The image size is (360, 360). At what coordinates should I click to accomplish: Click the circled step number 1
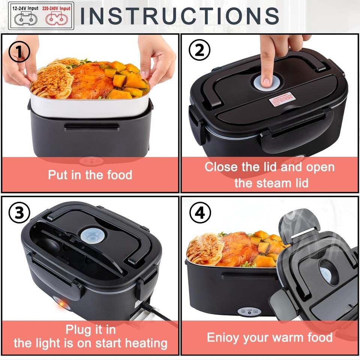(19, 52)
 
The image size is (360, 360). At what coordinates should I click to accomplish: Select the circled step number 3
(19, 213)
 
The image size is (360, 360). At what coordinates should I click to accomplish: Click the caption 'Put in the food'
(90, 175)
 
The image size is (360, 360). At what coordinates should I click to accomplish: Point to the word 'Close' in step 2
(222, 167)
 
